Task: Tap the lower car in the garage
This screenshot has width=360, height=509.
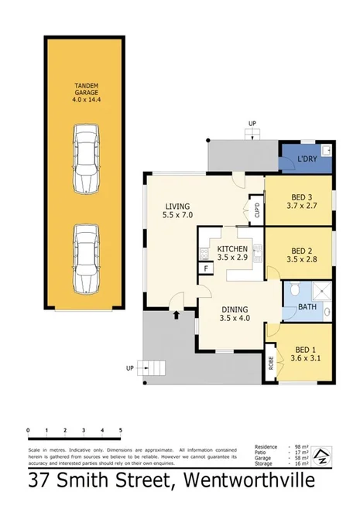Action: click(85, 259)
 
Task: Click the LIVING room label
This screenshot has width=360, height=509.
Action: click(177, 210)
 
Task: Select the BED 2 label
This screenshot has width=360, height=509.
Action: click(302, 254)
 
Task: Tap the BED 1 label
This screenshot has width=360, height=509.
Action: click(302, 354)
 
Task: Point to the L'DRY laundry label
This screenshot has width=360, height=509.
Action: click(308, 159)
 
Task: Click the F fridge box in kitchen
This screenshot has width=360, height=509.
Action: click(206, 268)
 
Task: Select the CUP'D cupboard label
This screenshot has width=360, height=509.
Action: click(256, 209)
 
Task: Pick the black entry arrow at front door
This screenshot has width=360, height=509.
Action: click(177, 314)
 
